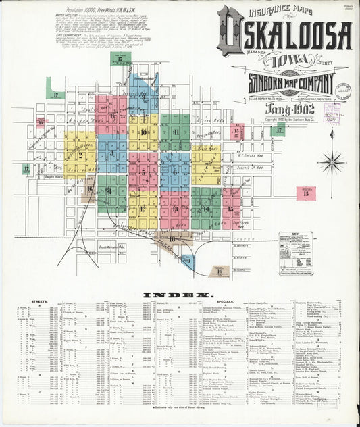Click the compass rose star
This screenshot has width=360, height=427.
pos(331,162)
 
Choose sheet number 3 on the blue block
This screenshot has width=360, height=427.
pos(111,153)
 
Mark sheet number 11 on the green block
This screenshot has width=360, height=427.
pos(176,132)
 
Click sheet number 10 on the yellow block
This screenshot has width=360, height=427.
pos(143,132)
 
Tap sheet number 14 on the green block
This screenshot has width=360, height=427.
pos(206,208)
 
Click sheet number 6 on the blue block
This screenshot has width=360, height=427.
pos(174,172)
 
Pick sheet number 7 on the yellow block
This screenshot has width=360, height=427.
pos(206,166)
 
